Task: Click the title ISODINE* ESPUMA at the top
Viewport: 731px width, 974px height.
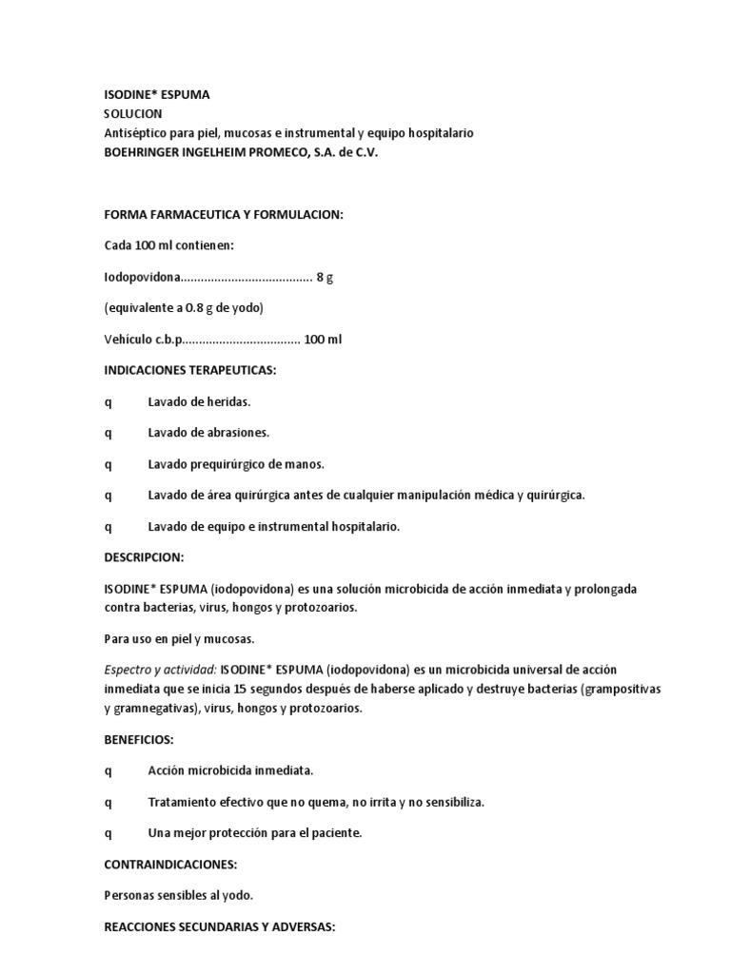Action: point(156,95)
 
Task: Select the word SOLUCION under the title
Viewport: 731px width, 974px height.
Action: point(133,114)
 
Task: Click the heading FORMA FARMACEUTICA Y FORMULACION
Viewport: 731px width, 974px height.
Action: point(223,216)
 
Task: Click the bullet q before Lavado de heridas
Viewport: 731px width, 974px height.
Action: point(108,402)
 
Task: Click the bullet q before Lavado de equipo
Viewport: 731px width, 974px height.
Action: point(108,526)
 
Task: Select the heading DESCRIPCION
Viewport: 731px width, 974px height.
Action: point(144,556)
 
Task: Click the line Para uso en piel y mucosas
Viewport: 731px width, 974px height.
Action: point(179,638)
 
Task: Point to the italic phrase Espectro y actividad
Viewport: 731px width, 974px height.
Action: point(160,670)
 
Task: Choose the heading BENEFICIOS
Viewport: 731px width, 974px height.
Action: point(139,738)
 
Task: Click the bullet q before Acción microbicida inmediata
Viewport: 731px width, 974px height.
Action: point(108,770)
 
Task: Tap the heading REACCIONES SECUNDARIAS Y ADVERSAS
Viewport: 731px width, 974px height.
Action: point(219,926)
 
